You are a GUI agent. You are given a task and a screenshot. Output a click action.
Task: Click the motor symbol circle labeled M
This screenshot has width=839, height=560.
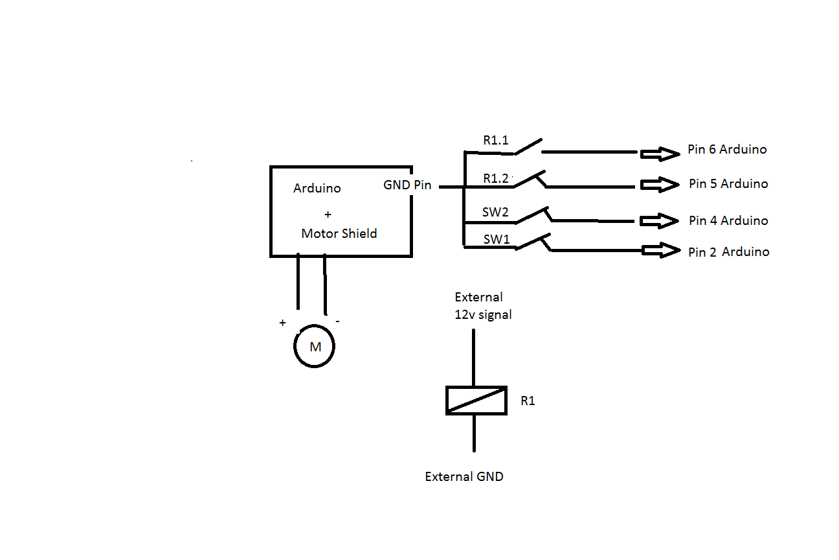point(315,347)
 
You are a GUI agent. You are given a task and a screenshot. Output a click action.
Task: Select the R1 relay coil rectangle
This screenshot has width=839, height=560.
point(476,401)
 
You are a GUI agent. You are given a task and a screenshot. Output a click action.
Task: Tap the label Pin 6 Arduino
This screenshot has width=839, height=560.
point(727,150)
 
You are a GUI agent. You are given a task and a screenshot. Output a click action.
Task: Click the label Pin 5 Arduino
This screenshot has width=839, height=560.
point(728,184)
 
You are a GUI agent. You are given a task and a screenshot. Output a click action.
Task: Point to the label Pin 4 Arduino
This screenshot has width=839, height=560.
point(728,221)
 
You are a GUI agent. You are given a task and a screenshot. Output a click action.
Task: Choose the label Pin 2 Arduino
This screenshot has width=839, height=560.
point(728,252)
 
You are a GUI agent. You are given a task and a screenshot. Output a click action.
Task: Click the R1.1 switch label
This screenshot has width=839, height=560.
point(496,140)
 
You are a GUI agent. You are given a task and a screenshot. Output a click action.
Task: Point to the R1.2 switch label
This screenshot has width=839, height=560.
point(496,178)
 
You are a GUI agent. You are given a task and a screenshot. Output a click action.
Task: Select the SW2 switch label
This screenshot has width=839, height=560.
point(495,212)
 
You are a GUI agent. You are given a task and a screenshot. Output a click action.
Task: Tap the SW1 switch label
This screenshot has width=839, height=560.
point(497,240)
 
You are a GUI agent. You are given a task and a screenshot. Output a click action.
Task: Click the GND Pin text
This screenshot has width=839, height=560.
point(407,185)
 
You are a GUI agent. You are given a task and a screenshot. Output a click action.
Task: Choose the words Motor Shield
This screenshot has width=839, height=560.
point(339,234)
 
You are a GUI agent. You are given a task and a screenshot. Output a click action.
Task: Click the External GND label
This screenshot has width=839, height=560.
point(464,477)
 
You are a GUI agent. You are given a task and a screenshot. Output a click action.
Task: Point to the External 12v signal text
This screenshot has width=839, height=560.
point(483,306)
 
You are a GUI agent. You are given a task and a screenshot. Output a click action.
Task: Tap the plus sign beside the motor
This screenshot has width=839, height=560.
point(282,323)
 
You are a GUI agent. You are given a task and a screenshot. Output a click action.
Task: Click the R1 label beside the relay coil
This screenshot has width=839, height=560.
point(528,401)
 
